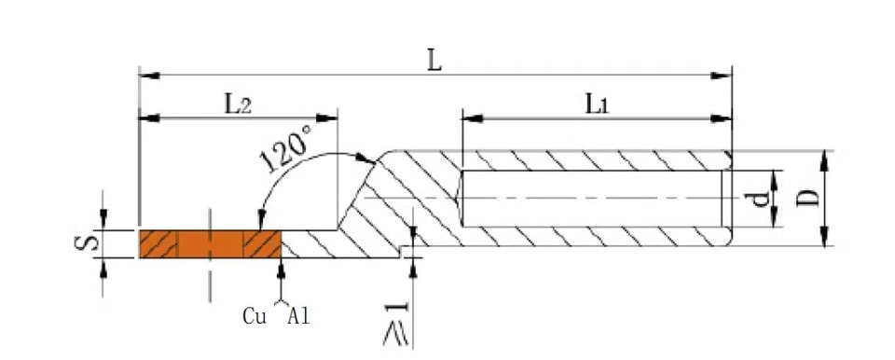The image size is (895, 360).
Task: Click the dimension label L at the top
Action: (x=435, y=62)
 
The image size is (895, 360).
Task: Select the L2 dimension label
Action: (x=237, y=104)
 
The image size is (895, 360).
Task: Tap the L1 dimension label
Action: (x=597, y=104)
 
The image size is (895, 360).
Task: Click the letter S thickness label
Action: (x=86, y=244)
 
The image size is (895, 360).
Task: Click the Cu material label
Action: (x=255, y=316)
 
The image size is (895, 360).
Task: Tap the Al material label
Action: (x=298, y=316)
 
